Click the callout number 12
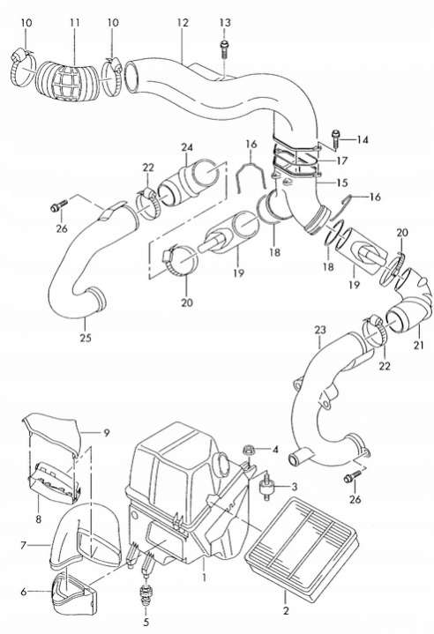click(183, 22)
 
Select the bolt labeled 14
click(335, 139)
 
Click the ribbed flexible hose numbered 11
click(68, 81)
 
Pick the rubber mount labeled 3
click(266, 486)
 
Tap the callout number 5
click(146, 622)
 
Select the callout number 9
click(107, 433)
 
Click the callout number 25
click(86, 337)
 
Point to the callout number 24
click(187, 147)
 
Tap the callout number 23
click(320, 330)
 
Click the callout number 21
click(419, 345)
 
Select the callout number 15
click(341, 183)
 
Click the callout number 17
click(341, 161)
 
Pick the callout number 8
click(39, 518)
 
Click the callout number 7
click(23, 546)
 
